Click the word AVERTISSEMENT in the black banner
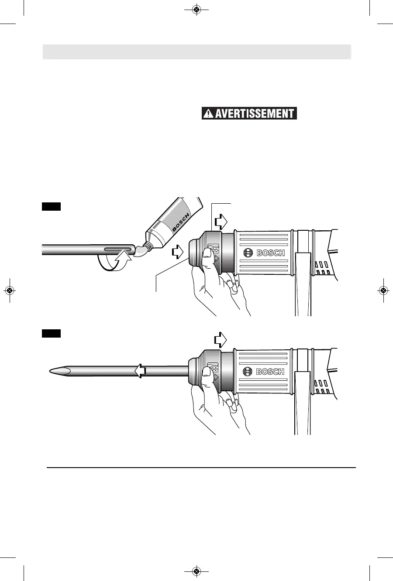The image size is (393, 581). [x=255, y=113]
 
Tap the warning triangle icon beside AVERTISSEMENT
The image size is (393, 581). [x=208, y=113]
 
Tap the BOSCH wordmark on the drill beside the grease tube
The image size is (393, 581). [x=270, y=253]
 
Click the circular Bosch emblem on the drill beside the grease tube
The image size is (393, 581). [x=248, y=253]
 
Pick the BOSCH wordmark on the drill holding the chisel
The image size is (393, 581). [x=270, y=372]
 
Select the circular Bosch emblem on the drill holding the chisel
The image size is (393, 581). [x=248, y=372]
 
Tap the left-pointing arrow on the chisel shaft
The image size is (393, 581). [x=140, y=371]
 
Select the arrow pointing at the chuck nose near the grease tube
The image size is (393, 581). [x=178, y=251]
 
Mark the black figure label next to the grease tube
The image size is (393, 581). [x=51, y=206]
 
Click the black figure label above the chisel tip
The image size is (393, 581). [x=51, y=334]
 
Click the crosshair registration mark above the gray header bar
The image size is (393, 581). [x=196, y=10]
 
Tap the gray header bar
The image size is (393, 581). [x=196, y=51]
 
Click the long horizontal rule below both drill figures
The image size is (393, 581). [x=201, y=468]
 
